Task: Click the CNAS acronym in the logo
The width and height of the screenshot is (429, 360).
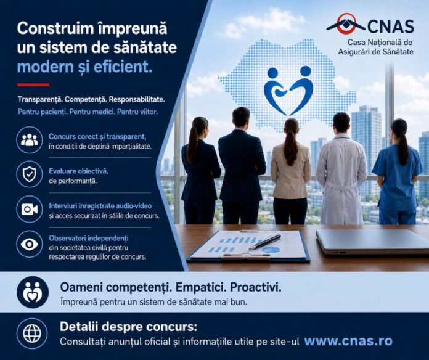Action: click(x=390, y=26)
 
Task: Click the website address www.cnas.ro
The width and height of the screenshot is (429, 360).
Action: click(x=348, y=341)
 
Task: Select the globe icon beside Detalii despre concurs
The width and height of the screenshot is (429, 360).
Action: click(x=31, y=333)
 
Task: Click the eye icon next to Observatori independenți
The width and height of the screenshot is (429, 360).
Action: click(x=30, y=244)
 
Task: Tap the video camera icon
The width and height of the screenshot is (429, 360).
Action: click(x=30, y=209)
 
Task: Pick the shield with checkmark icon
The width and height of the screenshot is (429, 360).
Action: click(x=30, y=174)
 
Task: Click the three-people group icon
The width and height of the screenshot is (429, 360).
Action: click(x=30, y=140)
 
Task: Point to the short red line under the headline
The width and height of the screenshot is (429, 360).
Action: click(x=33, y=85)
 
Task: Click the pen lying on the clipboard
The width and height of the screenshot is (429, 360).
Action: click(x=264, y=242)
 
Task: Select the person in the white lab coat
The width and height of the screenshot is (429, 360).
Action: click(x=341, y=168)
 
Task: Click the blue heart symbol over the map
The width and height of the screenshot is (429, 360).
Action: click(x=288, y=91)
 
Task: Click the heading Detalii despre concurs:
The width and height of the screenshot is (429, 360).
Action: click(x=128, y=327)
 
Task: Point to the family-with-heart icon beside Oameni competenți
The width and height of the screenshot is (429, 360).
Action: click(x=33, y=292)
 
